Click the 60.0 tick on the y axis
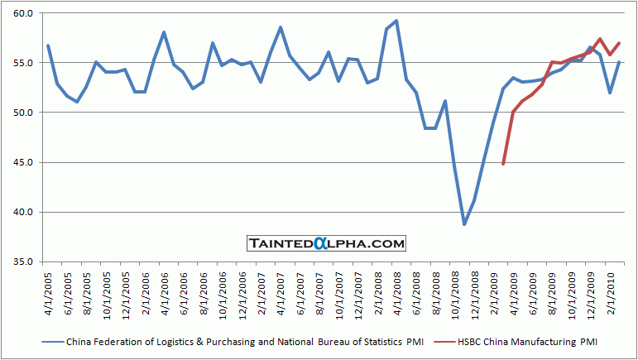coord(22,14)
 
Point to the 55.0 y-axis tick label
coord(22,64)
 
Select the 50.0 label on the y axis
coord(22,113)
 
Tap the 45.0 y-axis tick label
coord(22,163)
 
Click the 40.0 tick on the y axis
coord(22,213)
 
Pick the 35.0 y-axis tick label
coord(22,262)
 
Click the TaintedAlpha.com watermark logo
coord(327,243)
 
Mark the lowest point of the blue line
coord(464,224)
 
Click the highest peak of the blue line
coord(397,21)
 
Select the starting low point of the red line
coord(503,164)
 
